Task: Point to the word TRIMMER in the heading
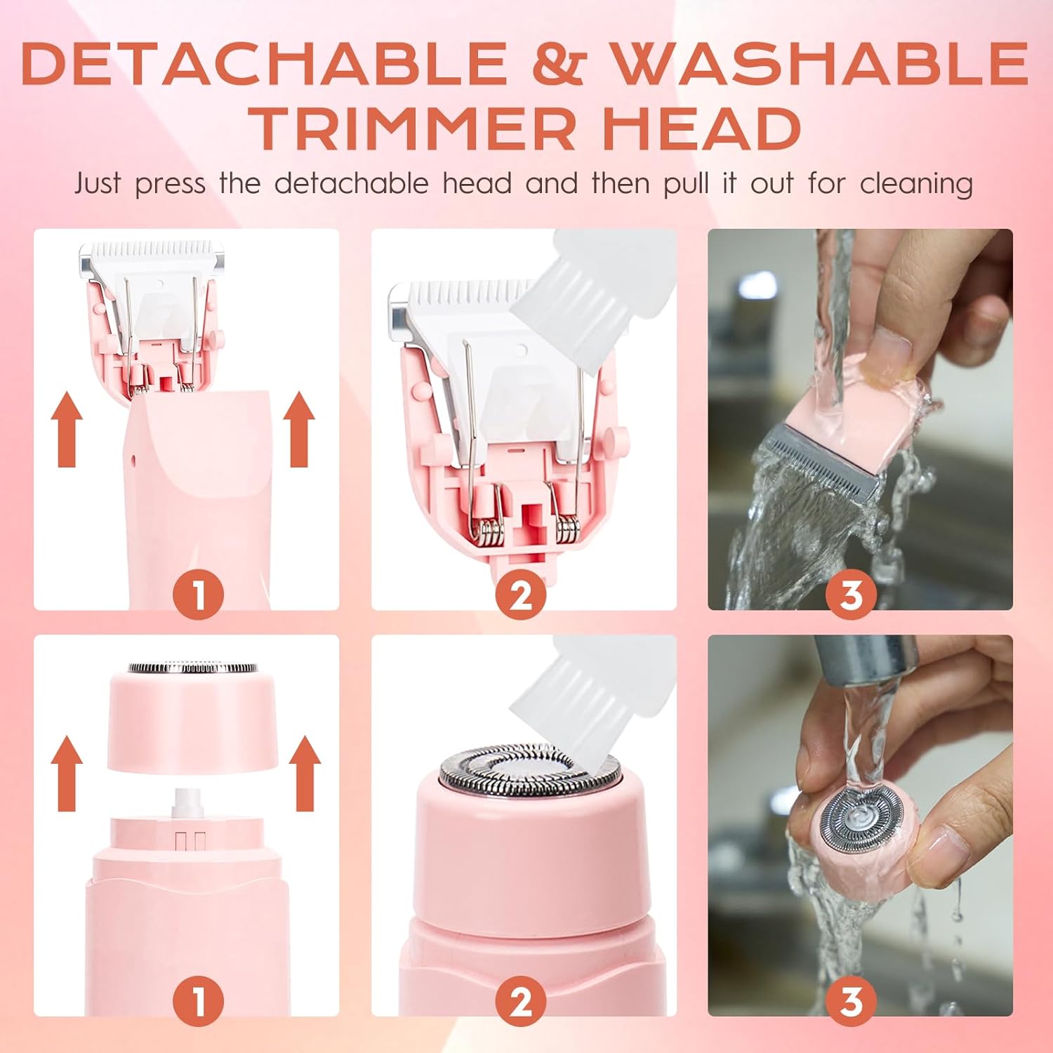point(415,128)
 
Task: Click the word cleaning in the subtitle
point(916,185)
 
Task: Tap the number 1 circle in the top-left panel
point(199,594)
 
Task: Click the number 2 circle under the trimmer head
point(521,594)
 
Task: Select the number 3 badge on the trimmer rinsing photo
point(851,594)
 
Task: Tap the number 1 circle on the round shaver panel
point(199,1001)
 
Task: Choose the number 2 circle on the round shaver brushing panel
point(521,1001)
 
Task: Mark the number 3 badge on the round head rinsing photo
point(851,1001)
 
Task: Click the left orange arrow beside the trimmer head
point(67,429)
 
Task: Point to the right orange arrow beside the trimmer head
point(299,429)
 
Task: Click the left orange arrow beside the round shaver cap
point(67,773)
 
